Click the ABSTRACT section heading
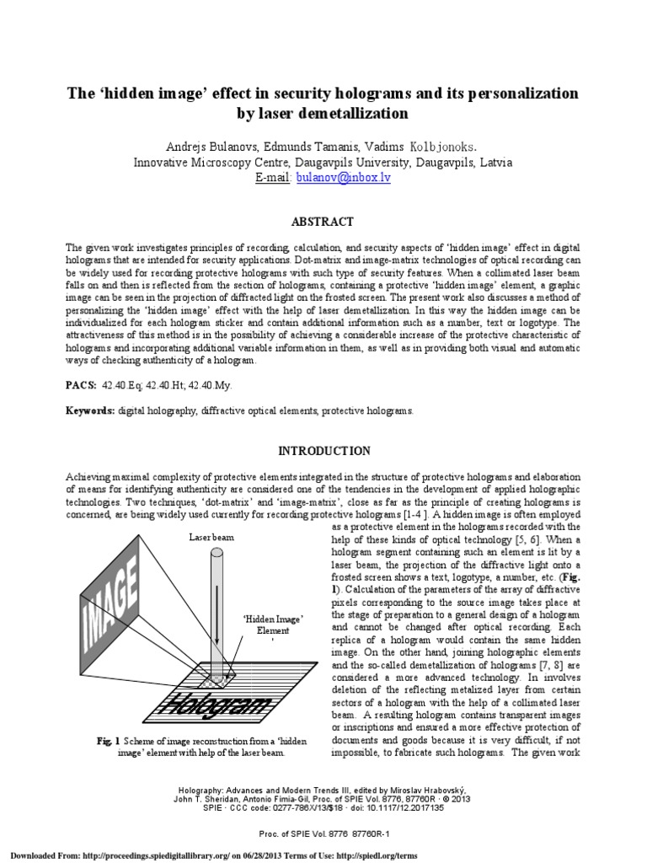(x=323, y=222)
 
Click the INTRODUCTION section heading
(x=323, y=451)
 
